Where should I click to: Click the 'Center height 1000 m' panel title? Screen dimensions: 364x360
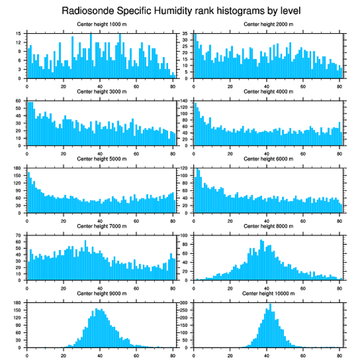tap(102, 24)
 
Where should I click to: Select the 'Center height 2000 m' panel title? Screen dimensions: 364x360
tap(268, 24)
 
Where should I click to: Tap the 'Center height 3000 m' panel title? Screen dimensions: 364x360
tap(102, 91)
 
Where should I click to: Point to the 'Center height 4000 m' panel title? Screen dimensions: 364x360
tap(268, 91)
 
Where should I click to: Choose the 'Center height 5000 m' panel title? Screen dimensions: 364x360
tap(102, 159)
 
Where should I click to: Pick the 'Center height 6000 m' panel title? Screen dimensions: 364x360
tap(268, 159)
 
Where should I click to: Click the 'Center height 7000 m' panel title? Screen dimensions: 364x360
tap(102, 226)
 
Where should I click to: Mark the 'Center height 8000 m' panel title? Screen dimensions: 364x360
tap(268, 226)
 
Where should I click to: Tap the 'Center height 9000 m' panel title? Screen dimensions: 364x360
tap(102, 293)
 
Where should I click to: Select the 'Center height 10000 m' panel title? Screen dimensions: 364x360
tap(268, 293)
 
